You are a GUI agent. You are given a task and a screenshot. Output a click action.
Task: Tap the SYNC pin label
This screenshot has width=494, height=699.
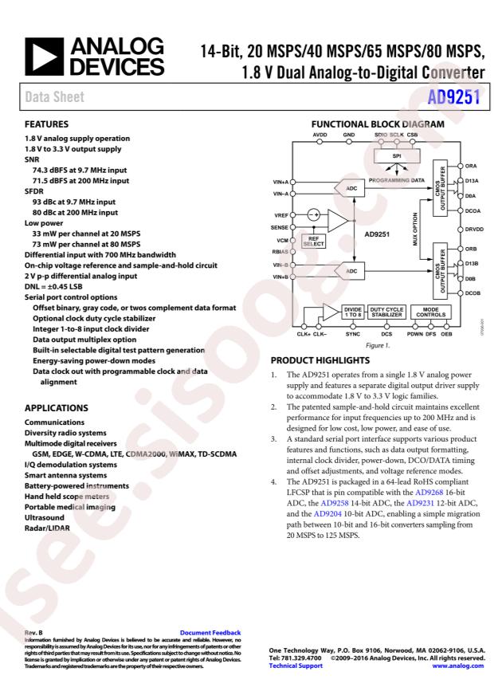(x=354, y=335)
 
